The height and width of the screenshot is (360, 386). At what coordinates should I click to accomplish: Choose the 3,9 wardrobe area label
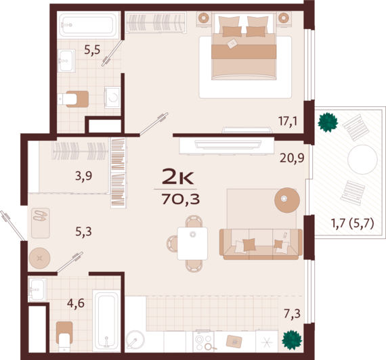(83, 177)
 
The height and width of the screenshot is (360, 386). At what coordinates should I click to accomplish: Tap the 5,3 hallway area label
(83, 231)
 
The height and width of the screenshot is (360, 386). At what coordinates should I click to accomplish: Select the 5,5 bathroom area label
(92, 49)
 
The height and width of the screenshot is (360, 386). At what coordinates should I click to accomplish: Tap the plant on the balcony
(328, 122)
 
